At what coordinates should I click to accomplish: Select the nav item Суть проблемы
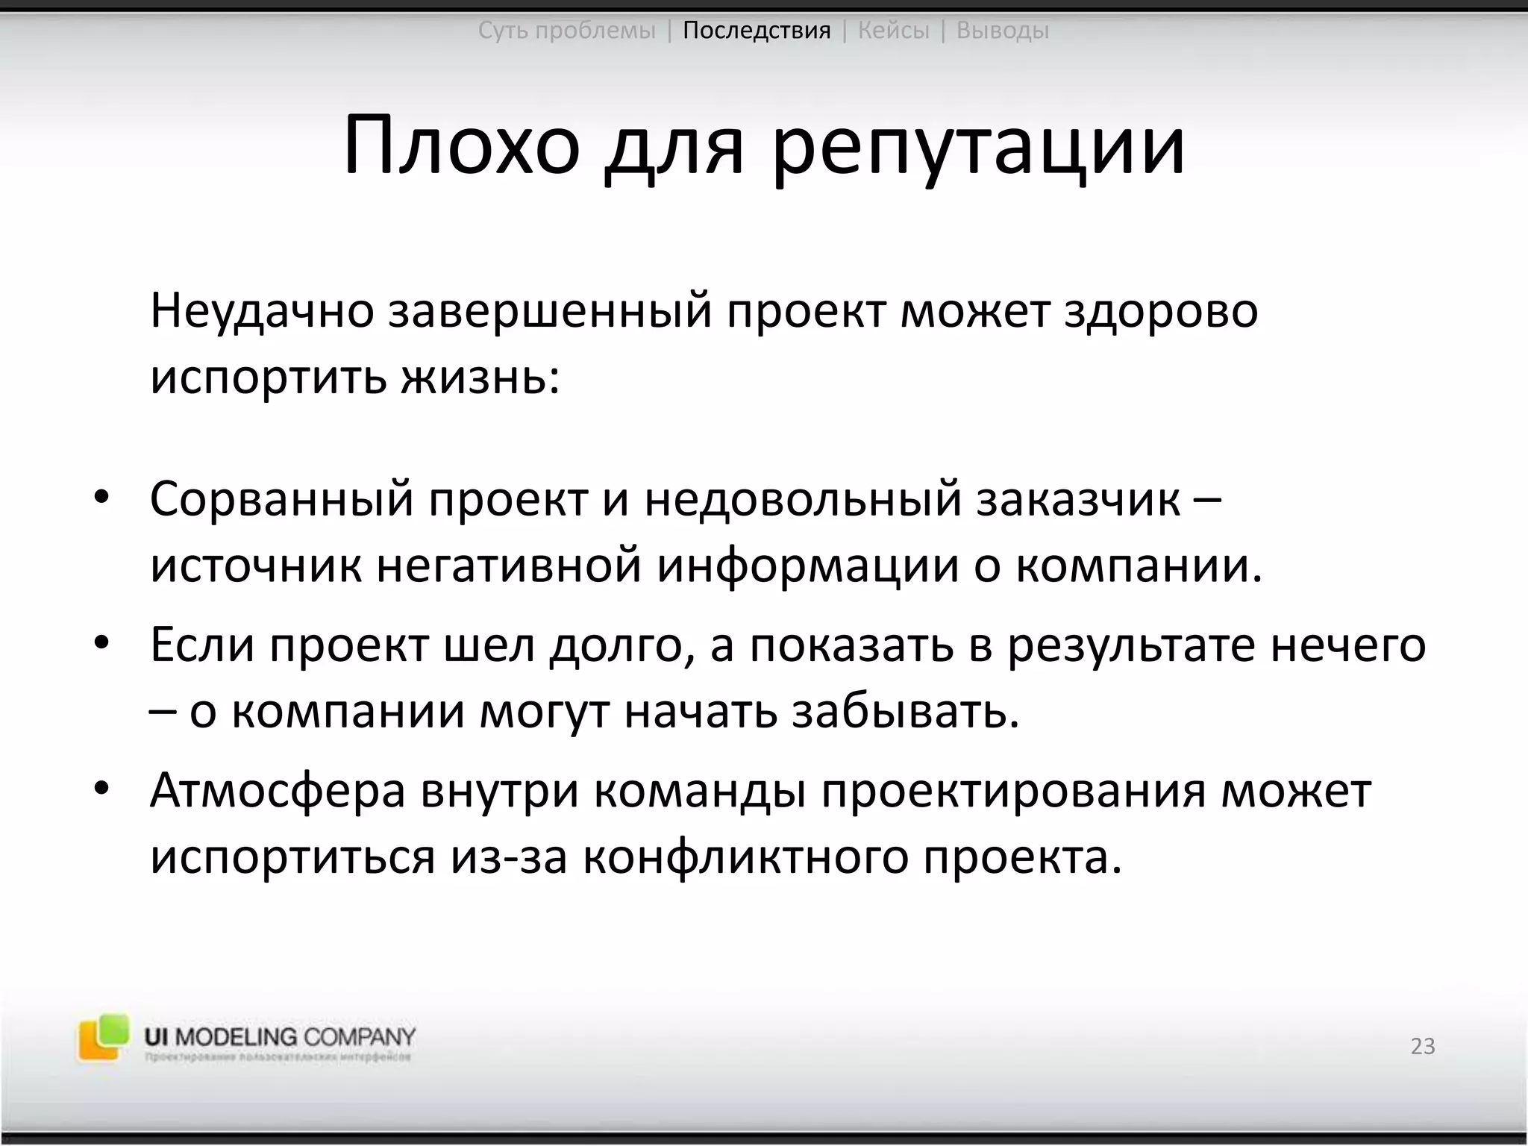click(x=566, y=31)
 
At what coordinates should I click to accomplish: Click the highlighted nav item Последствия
click(x=757, y=31)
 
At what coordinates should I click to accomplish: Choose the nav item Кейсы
click(x=894, y=31)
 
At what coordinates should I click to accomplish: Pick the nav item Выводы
click(x=1003, y=31)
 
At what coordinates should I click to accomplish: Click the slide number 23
click(x=1423, y=1047)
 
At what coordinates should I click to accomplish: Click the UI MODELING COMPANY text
click(x=280, y=1036)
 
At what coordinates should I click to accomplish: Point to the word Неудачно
click(x=261, y=312)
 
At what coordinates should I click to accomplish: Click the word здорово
click(x=1161, y=312)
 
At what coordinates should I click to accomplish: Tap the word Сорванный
click(x=281, y=500)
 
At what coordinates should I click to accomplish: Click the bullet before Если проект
click(x=102, y=642)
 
